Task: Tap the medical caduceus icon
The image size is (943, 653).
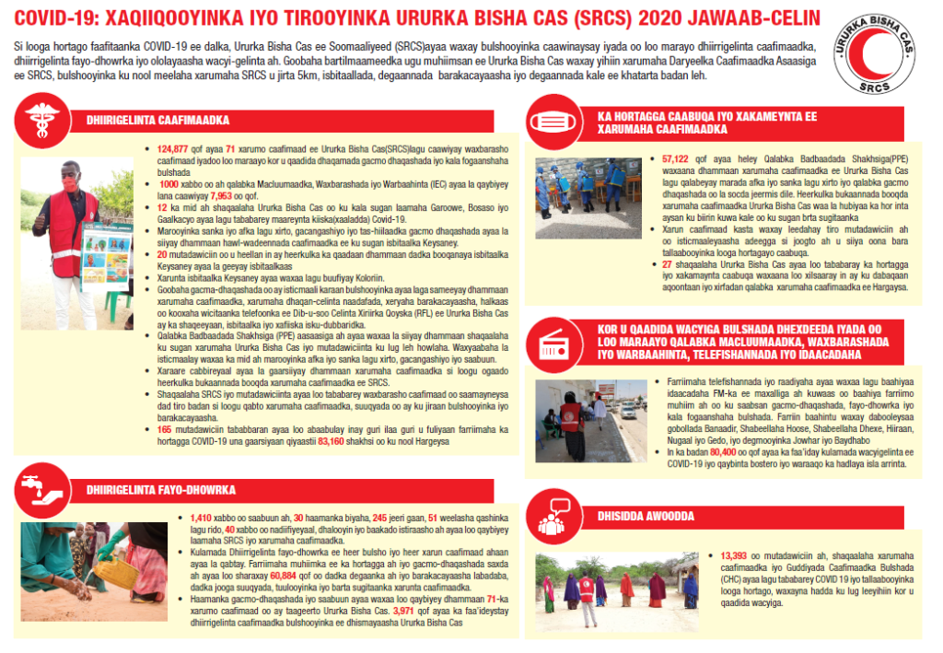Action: click(42, 121)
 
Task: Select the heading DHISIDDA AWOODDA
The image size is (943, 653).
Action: click(646, 517)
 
